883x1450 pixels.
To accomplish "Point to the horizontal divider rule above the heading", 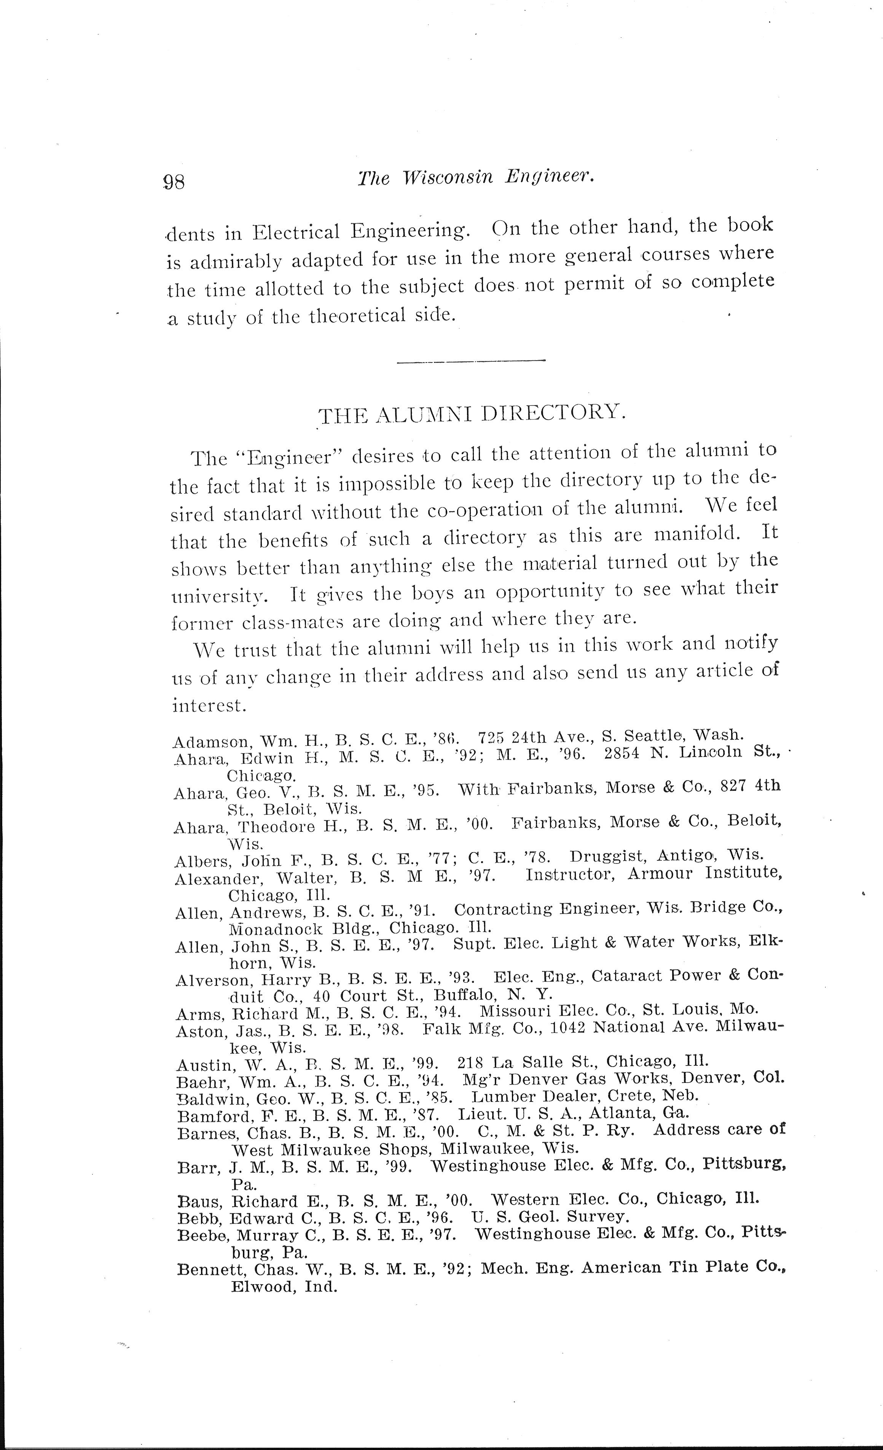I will click(x=471, y=361).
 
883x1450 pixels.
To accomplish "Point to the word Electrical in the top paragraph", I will click(x=297, y=231).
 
